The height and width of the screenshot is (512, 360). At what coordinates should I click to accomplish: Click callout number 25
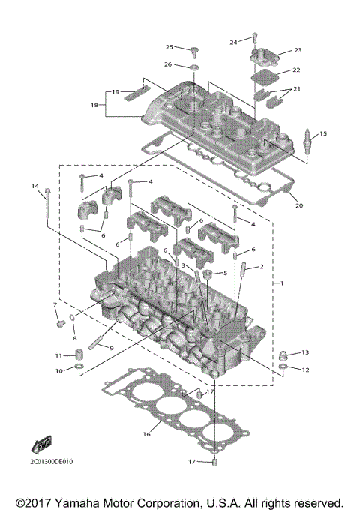[169, 47]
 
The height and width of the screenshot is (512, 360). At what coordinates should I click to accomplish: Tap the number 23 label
[297, 51]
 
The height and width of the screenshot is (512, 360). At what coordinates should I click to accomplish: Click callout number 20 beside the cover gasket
[299, 205]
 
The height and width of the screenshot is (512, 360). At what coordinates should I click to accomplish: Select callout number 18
[94, 106]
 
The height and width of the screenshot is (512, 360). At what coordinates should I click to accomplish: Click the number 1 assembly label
[281, 284]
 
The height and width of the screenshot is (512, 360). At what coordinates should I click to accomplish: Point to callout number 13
[305, 352]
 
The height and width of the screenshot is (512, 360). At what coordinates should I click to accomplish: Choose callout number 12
[305, 370]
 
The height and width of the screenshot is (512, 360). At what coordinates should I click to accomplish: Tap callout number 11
[58, 355]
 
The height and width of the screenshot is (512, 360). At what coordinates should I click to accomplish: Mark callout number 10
[58, 371]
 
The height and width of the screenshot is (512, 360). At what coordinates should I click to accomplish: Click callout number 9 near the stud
[111, 349]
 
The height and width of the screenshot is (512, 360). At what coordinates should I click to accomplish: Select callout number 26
[169, 64]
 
